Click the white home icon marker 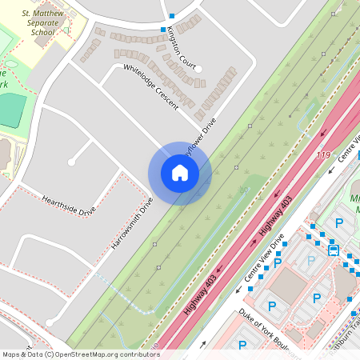(180, 173)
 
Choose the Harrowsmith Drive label (132, 222)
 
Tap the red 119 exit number (323, 154)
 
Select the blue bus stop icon (333, 249)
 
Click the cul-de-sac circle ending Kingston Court (198, 68)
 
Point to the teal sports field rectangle (10, 110)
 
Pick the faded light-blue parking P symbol (311, 261)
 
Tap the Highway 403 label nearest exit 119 (277, 216)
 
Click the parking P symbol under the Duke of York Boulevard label (242, 345)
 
